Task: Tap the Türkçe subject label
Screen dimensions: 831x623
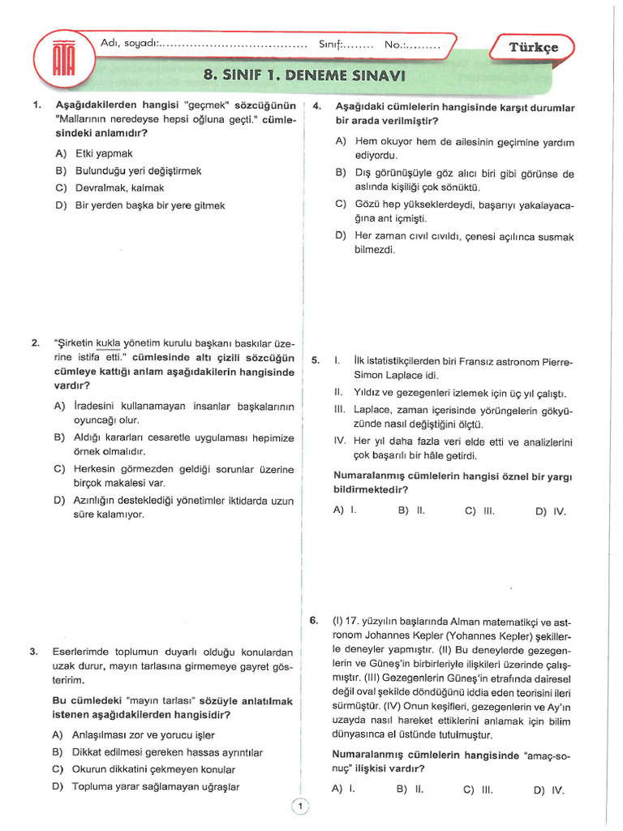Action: pos(533,47)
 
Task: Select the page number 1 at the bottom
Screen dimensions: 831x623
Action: pos(300,806)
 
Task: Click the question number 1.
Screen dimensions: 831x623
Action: pos(36,105)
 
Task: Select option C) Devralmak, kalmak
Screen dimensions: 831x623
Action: pos(109,187)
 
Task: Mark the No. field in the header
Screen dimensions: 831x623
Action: pos(413,45)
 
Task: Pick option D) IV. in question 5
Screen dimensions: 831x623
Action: pos(551,511)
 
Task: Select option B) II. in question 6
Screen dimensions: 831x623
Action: pos(410,788)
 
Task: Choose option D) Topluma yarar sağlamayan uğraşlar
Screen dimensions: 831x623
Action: pos(146,786)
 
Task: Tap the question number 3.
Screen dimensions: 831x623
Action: pos(35,652)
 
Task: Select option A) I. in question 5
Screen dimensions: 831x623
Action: pos(345,510)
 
